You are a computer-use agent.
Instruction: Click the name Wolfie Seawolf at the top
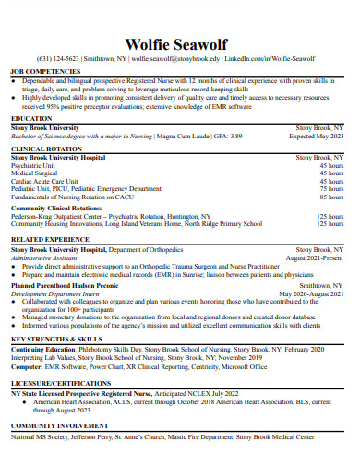point(179,44)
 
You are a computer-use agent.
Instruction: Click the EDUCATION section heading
point(31,119)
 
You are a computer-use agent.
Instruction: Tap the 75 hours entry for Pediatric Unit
point(330,188)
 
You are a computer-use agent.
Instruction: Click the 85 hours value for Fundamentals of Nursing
point(330,197)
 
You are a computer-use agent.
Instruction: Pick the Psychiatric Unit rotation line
point(33,165)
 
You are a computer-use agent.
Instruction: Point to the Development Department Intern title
point(54,294)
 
